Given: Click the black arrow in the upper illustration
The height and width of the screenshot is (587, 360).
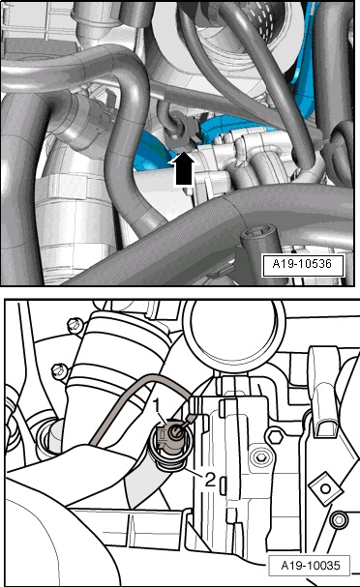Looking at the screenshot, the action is pyautogui.click(x=183, y=169).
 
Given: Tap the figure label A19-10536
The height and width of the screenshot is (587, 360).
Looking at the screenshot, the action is pyautogui.click(x=302, y=264).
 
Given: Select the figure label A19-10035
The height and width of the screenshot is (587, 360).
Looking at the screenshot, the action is pyautogui.click(x=311, y=566).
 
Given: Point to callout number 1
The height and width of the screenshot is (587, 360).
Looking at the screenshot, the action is pyautogui.click(x=159, y=406).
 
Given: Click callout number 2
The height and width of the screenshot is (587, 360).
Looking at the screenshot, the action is pyautogui.click(x=210, y=480).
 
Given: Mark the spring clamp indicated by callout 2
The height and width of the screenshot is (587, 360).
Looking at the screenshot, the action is pyautogui.click(x=168, y=460).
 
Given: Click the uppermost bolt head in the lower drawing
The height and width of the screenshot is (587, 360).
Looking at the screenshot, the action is pyautogui.click(x=75, y=325).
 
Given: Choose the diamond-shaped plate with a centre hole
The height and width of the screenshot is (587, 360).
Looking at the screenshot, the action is pyautogui.click(x=325, y=488).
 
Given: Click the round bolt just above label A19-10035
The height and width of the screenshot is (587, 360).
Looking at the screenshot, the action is pyautogui.click(x=340, y=520).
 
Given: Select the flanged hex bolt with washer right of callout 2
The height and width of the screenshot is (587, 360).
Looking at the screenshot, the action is pyautogui.click(x=258, y=457).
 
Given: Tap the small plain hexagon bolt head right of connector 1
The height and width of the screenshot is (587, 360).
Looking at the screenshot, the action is pyautogui.click(x=275, y=436).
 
